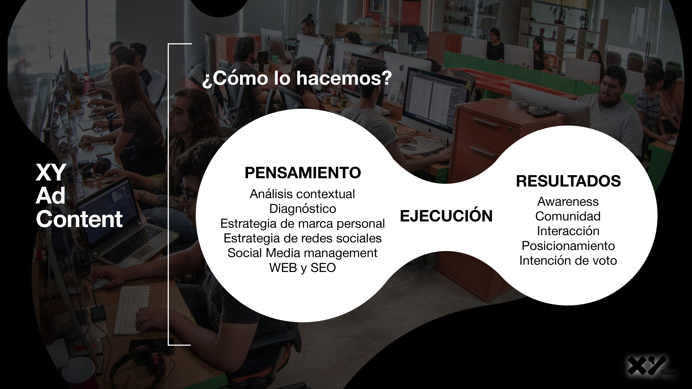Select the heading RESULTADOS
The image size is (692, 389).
tap(568, 181)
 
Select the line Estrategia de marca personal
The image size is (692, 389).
tap(302, 224)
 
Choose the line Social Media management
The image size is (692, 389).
tap(302, 253)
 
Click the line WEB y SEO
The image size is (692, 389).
tap(302, 268)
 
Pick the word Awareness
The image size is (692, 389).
tap(568, 202)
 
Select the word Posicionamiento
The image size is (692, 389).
tap(568, 246)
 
